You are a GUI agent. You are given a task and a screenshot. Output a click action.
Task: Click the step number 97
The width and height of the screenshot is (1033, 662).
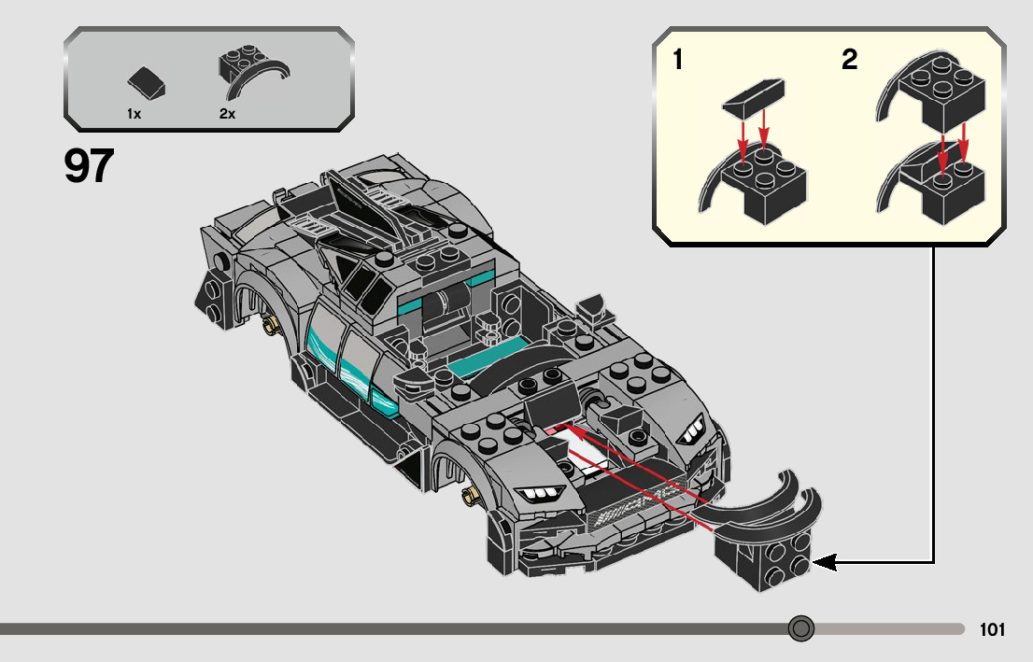click(x=90, y=167)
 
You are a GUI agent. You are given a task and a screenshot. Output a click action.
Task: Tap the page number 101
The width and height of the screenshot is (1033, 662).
click(x=992, y=629)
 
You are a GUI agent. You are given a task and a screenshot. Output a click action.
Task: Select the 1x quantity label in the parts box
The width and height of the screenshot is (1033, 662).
click(x=134, y=113)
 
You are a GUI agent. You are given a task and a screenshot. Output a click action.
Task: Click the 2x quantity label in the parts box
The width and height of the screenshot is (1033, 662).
click(x=227, y=113)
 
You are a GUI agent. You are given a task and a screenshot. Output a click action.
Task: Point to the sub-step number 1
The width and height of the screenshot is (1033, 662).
click(x=677, y=62)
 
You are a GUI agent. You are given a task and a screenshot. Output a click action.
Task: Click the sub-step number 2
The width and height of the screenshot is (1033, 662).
click(x=849, y=62)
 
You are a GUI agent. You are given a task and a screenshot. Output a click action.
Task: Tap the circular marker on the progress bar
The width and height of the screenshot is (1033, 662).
click(x=800, y=628)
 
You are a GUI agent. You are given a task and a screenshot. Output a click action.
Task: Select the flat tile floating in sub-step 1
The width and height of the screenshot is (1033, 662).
click(x=755, y=96)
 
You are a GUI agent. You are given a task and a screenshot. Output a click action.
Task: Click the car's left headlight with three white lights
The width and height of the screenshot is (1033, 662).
click(x=541, y=494)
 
